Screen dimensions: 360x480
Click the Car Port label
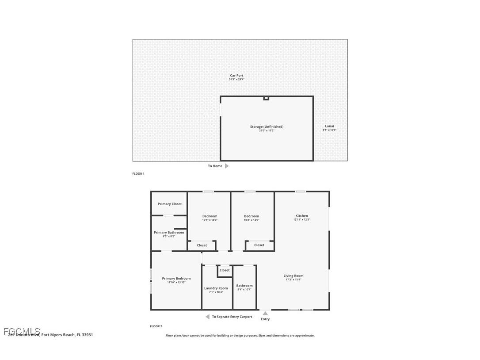pyautogui.click(x=236, y=76)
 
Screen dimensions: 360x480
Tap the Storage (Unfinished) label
pyautogui.click(x=267, y=127)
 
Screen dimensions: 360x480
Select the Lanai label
pyautogui.click(x=329, y=126)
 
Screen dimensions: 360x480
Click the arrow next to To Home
pyautogui.click(x=227, y=166)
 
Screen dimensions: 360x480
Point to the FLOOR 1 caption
pyautogui.click(x=138, y=174)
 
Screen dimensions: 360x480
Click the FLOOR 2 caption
pyautogui.click(x=156, y=326)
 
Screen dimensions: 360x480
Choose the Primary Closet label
pyautogui.click(x=170, y=204)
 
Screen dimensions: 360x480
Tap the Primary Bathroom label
pyautogui.click(x=169, y=233)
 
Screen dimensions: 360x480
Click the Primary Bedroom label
pyautogui.click(x=176, y=279)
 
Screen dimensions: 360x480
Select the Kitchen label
pyautogui.click(x=302, y=216)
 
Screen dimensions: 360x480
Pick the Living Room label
pyautogui.click(x=293, y=276)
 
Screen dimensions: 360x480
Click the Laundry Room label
pyautogui.click(x=216, y=288)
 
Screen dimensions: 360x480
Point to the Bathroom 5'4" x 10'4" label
pyautogui.click(x=244, y=286)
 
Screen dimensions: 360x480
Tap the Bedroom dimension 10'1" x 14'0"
pyautogui.click(x=210, y=220)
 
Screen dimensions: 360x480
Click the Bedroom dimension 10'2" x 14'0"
pyautogui.click(x=251, y=220)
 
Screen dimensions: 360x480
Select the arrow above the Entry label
pyautogui.click(x=265, y=314)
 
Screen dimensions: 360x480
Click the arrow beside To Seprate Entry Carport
pyautogui.click(x=207, y=317)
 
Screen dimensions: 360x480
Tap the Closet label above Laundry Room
pyautogui.click(x=225, y=270)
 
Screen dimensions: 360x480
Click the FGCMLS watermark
pyautogui.click(x=22, y=331)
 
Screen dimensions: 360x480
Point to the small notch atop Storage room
pyautogui.click(x=266, y=98)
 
